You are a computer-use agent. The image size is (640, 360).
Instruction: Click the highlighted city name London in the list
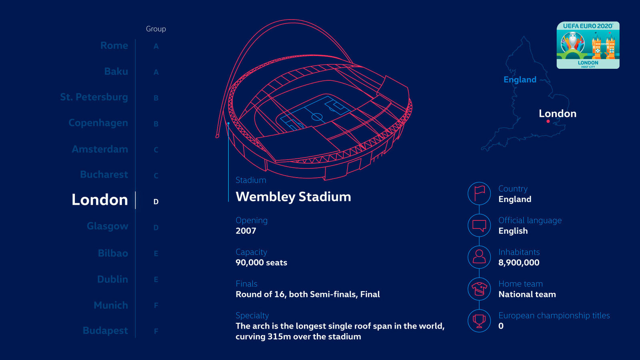click(100, 200)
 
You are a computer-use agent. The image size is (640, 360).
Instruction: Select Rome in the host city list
click(114, 46)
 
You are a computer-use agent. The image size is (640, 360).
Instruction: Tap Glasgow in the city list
click(107, 226)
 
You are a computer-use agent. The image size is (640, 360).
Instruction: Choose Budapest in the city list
click(105, 331)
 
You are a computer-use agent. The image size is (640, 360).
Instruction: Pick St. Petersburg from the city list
click(94, 97)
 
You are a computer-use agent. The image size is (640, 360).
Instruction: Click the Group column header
click(156, 29)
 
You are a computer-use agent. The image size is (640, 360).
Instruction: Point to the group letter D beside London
click(156, 202)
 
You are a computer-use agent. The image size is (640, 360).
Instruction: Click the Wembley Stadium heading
click(293, 197)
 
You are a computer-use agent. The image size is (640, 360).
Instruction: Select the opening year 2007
click(246, 231)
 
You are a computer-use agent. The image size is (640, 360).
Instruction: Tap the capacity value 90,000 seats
click(261, 263)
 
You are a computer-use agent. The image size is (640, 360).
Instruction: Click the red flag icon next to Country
click(479, 194)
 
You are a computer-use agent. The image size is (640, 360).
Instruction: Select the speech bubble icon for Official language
click(479, 225)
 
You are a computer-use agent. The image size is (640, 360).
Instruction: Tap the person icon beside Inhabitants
click(479, 257)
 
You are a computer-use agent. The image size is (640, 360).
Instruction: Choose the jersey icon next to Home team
click(479, 289)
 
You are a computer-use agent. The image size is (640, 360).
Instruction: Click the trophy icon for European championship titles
click(479, 320)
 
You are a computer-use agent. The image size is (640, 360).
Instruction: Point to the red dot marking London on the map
click(548, 121)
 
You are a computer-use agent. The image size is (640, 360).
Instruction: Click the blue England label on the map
click(520, 80)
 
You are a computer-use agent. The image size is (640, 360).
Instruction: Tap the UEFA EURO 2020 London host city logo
click(588, 45)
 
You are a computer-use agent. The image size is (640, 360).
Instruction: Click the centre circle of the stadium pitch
click(317, 117)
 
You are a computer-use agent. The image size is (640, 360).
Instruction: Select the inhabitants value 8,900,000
click(519, 263)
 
